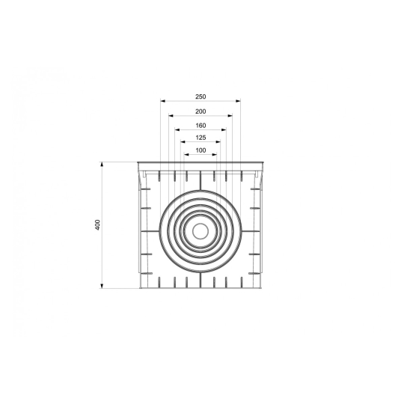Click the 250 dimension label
point(201,97)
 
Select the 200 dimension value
point(201,111)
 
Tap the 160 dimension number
point(201,126)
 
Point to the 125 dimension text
point(201,138)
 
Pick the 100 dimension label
point(201,150)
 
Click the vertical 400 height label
point(98,225)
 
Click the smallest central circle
point(201,231)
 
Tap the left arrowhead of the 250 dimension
point(163,101)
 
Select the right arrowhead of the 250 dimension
point(238,101)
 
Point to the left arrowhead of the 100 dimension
point(186,155)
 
